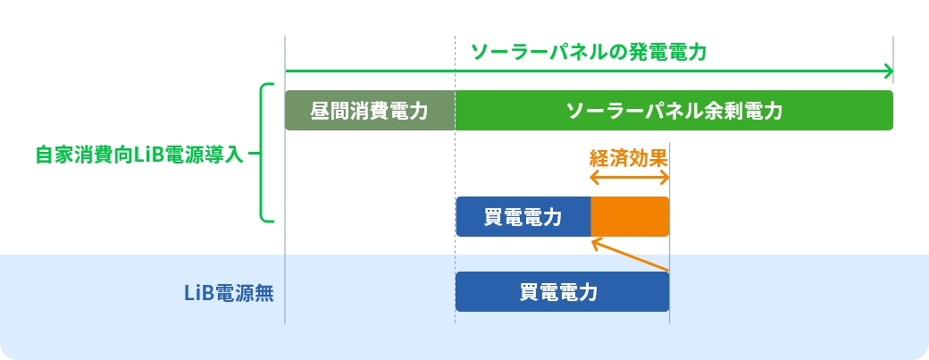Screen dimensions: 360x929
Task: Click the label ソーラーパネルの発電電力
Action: point(589,51)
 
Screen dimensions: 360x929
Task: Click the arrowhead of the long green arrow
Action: point(888,71)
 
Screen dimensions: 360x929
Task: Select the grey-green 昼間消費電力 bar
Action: point(370,111)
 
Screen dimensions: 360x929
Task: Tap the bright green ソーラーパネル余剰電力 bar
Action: point(674,111)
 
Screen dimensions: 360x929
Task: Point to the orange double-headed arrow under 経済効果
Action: point(630,178)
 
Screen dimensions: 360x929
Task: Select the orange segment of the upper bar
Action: point(630,217)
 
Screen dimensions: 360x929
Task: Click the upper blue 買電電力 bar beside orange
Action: point(523,217)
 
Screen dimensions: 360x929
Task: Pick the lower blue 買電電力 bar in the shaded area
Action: point(562,292)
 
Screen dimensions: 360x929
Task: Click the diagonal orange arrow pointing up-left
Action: point(630,254)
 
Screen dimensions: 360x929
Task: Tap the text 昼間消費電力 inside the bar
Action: point(370,111)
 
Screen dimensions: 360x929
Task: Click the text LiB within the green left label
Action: point(144,154)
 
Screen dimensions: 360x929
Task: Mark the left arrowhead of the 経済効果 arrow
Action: point(594,178)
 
